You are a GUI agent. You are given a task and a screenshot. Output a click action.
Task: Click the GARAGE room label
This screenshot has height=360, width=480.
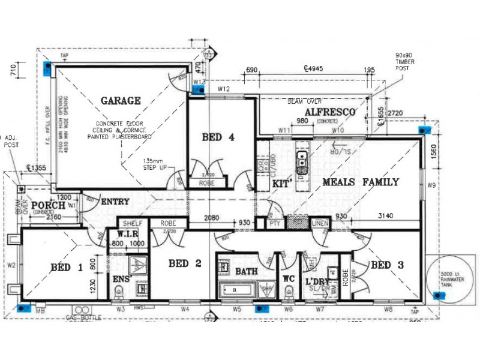click(120, 101)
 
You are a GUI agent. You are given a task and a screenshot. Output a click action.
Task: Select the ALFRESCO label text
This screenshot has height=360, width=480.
click(330, 112)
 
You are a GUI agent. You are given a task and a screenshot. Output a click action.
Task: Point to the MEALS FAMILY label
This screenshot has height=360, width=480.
click(361, 182)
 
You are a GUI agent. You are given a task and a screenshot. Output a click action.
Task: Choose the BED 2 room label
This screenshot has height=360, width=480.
click(184, 263)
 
